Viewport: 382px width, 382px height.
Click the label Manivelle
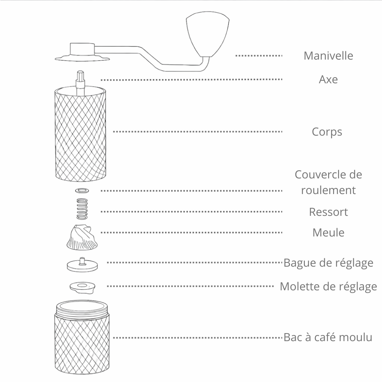(328, 56)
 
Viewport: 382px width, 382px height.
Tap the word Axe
(328, 79)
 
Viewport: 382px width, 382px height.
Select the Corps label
(327, 132)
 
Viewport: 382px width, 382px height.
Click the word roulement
(328, 190)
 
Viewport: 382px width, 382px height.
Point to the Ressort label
(328, 212)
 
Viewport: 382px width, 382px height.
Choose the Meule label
(328, 232)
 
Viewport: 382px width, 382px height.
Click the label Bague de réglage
(328, 263)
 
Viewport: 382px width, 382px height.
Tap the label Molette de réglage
(328, 286)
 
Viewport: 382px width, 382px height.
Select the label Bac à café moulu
(328, 337)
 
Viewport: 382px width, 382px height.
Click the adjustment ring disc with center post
(82, 265)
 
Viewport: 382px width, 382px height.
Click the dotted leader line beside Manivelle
(259, 56)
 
